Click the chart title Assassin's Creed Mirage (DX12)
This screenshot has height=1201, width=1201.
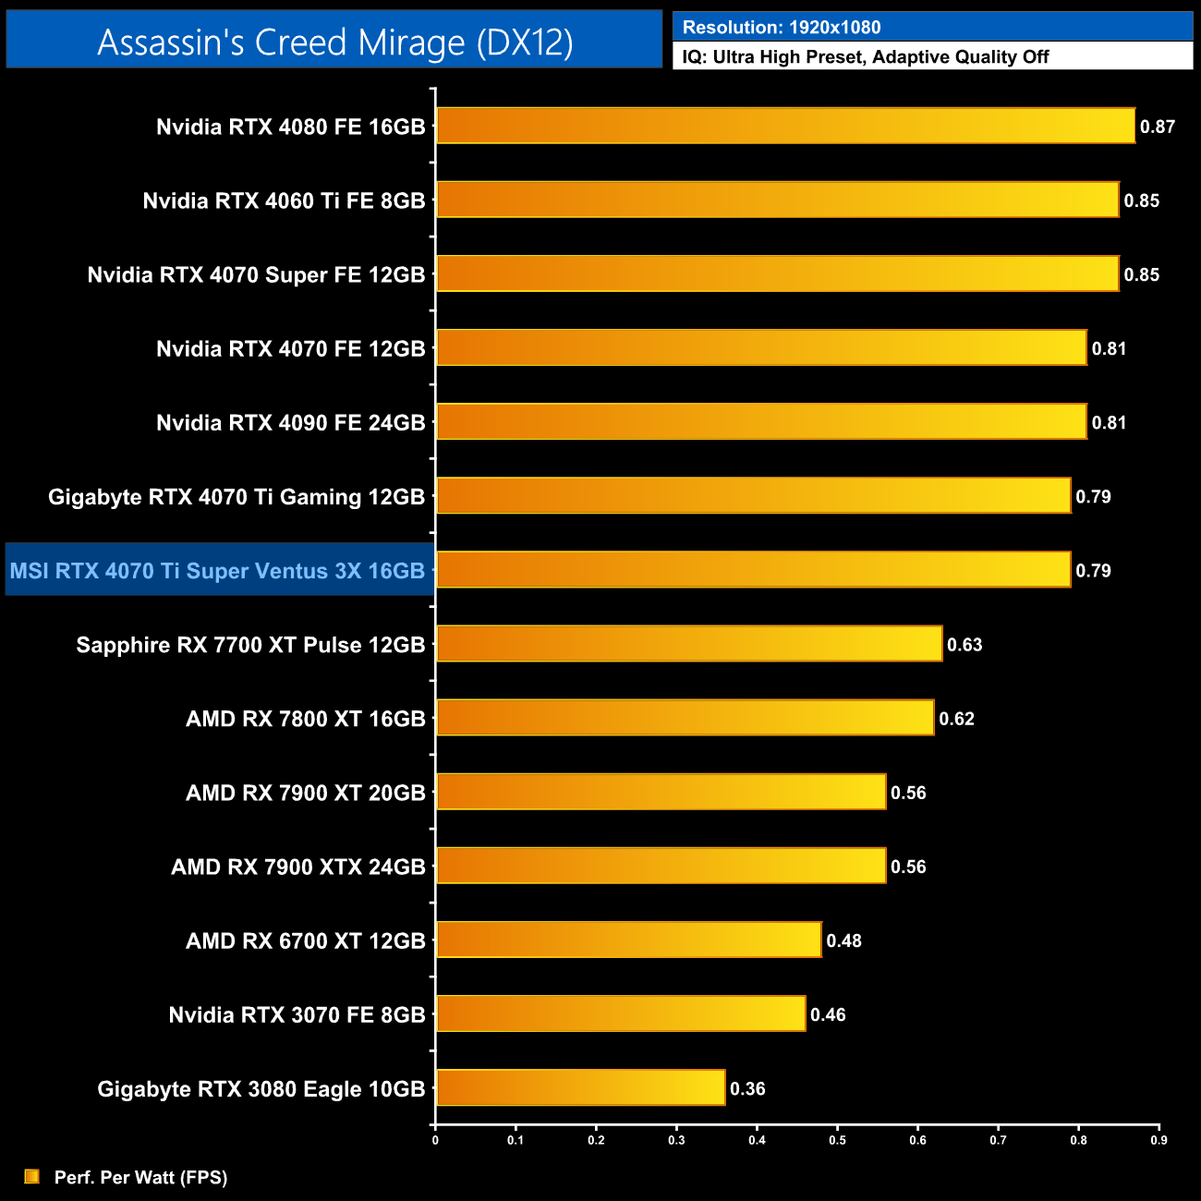334,42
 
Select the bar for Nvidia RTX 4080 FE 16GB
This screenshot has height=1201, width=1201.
785,126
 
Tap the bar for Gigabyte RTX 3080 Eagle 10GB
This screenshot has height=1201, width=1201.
580,1087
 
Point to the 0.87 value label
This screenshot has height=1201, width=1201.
1157,127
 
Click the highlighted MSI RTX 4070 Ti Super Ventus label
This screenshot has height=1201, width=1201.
217,571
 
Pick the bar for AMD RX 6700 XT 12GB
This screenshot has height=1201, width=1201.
628,940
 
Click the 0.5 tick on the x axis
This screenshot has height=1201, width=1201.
837,1140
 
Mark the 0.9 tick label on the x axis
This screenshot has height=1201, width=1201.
1159,1140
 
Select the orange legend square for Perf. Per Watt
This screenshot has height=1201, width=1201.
32,1176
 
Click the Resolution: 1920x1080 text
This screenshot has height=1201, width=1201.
782,28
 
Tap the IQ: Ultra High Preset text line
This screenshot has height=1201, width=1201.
866,57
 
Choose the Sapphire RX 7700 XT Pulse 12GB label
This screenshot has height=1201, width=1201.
250,645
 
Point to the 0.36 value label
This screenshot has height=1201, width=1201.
747,1088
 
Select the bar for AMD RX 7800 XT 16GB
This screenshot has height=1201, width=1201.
685,718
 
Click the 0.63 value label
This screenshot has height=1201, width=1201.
964,645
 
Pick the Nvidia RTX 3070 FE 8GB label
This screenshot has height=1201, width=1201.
297,1015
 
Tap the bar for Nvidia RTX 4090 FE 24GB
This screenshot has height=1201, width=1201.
761,421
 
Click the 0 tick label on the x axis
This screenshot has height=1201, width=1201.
435,1140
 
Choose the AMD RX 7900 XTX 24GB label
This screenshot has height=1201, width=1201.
297,867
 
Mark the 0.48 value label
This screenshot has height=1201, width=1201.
843,940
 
